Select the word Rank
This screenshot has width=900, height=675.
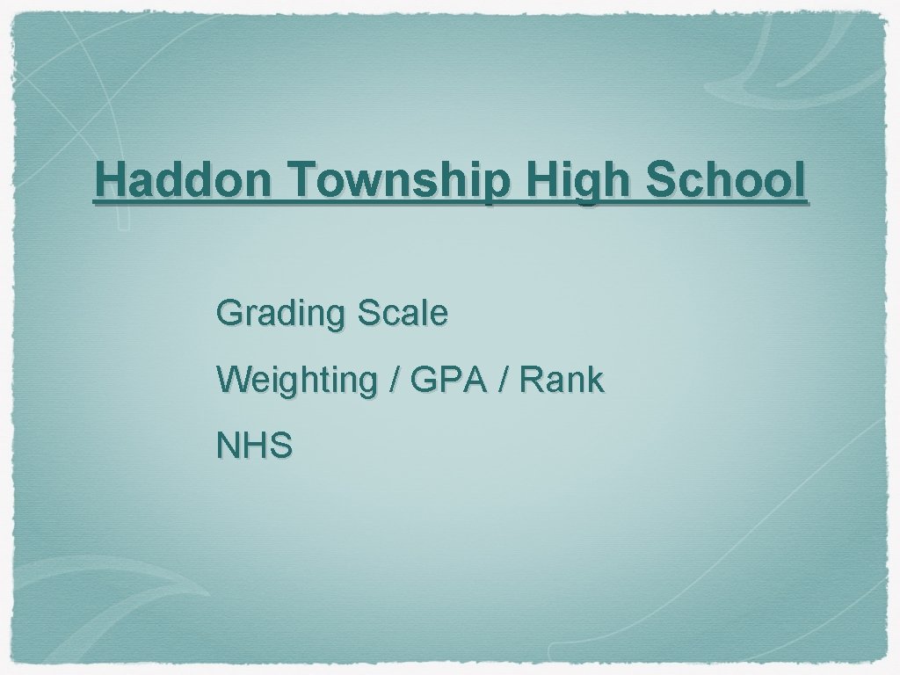(562, 380)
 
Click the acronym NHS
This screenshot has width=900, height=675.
(255, 446)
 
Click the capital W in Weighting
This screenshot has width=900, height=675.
(233, 380)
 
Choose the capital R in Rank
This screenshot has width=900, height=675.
(530, 380)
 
